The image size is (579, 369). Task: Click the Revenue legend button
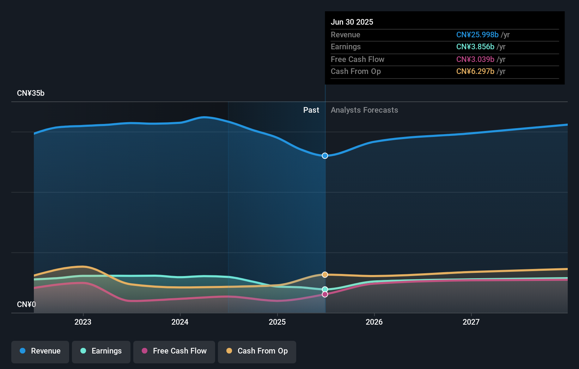[x=40, y=351]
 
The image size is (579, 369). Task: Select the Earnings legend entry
[x=101, y=351]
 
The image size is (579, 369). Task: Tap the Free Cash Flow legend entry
[x=174, y=351]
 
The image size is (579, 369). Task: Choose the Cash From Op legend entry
[x=257, y=351]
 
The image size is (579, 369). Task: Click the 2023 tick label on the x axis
[x=83, y=322]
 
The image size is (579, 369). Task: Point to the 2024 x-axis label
[x=180, y=322]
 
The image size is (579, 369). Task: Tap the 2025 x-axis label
[x=277, y=322]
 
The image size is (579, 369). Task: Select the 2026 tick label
[x=374, y=322]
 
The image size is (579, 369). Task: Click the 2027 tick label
[x=471, y=322]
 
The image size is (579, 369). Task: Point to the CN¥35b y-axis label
[x=31, y=93]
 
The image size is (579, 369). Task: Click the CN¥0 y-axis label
[x=26, y=304]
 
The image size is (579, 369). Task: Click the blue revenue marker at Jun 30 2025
[x=325, y=156]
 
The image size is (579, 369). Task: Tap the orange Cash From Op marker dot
[x=325, y=275]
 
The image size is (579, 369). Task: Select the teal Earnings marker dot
[x=325, y=289]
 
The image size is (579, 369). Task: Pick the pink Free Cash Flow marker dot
[x=325, y=294]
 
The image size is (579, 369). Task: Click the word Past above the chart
[x=311, y=110]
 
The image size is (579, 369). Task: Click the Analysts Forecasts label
[x=364, y=110]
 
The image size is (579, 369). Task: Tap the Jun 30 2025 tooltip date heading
[x=352, y=22]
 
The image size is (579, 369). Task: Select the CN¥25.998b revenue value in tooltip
[x=477, y=35]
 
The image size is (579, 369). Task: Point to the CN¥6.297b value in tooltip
[x=475, y=71]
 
